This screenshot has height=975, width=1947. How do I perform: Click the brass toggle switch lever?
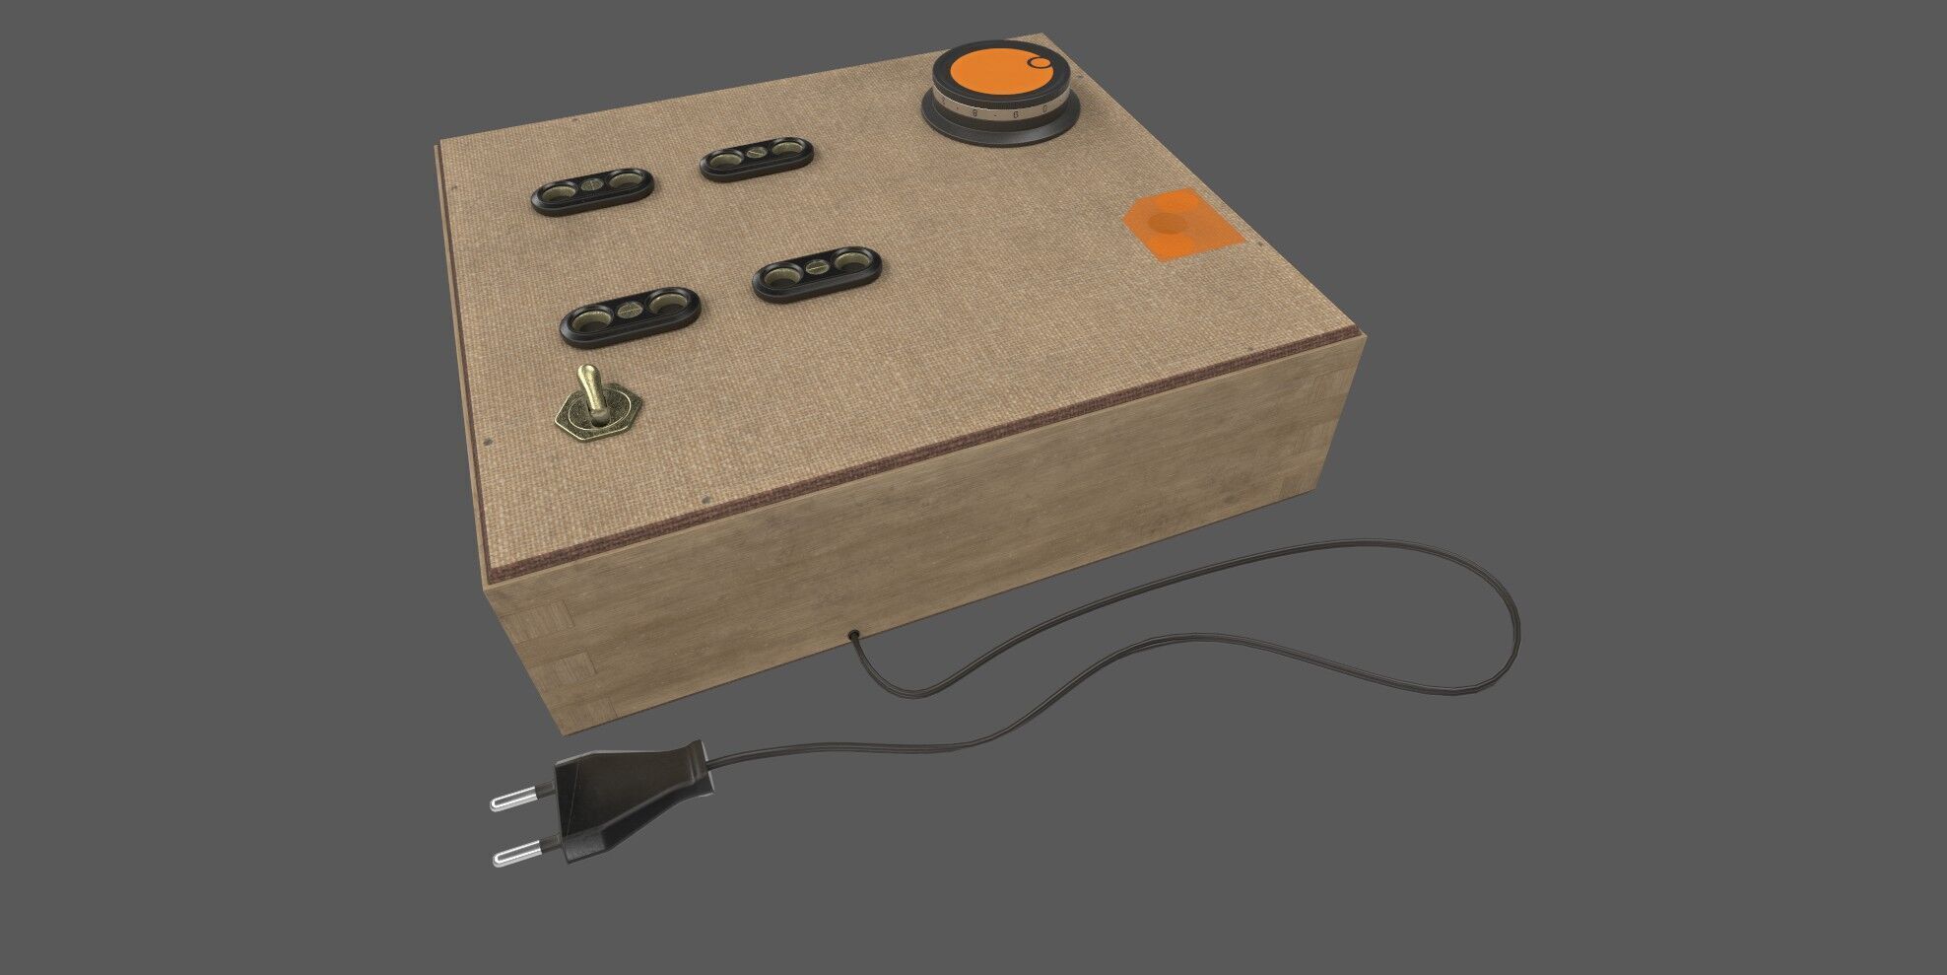tap(591, 388)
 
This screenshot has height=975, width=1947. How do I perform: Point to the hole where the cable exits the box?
tap(850, 634)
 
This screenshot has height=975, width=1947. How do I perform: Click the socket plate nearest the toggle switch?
tap(630, 316)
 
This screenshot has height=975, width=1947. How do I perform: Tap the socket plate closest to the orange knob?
tap(757, 159)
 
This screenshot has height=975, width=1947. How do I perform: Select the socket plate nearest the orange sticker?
tap(817, 273)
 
